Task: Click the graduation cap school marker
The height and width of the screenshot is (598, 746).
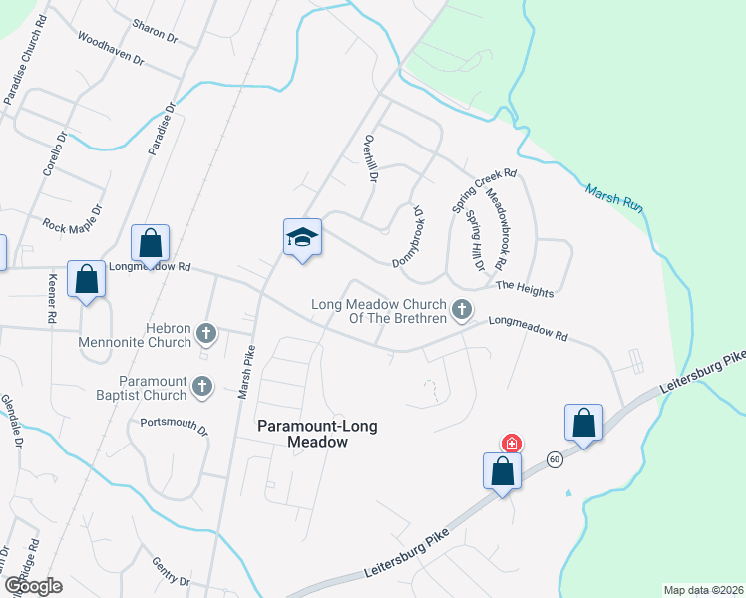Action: click(x=302, y=237)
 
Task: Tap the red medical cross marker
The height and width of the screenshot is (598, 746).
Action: click(x=511, y=443)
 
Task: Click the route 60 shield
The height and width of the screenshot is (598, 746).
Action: click(x=555, y=458)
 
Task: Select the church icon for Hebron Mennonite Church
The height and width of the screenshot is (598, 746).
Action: click(x=206, y=333)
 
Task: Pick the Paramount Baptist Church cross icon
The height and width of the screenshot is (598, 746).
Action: click(x=202, y=386)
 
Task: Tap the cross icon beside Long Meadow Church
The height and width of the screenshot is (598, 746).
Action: click(x=461, y=311)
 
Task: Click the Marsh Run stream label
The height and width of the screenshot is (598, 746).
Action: click(x=613, y=196)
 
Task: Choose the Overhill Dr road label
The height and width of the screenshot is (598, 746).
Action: click(x=371, y=158)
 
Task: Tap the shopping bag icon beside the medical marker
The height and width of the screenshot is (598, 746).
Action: click(x=502, y=471)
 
